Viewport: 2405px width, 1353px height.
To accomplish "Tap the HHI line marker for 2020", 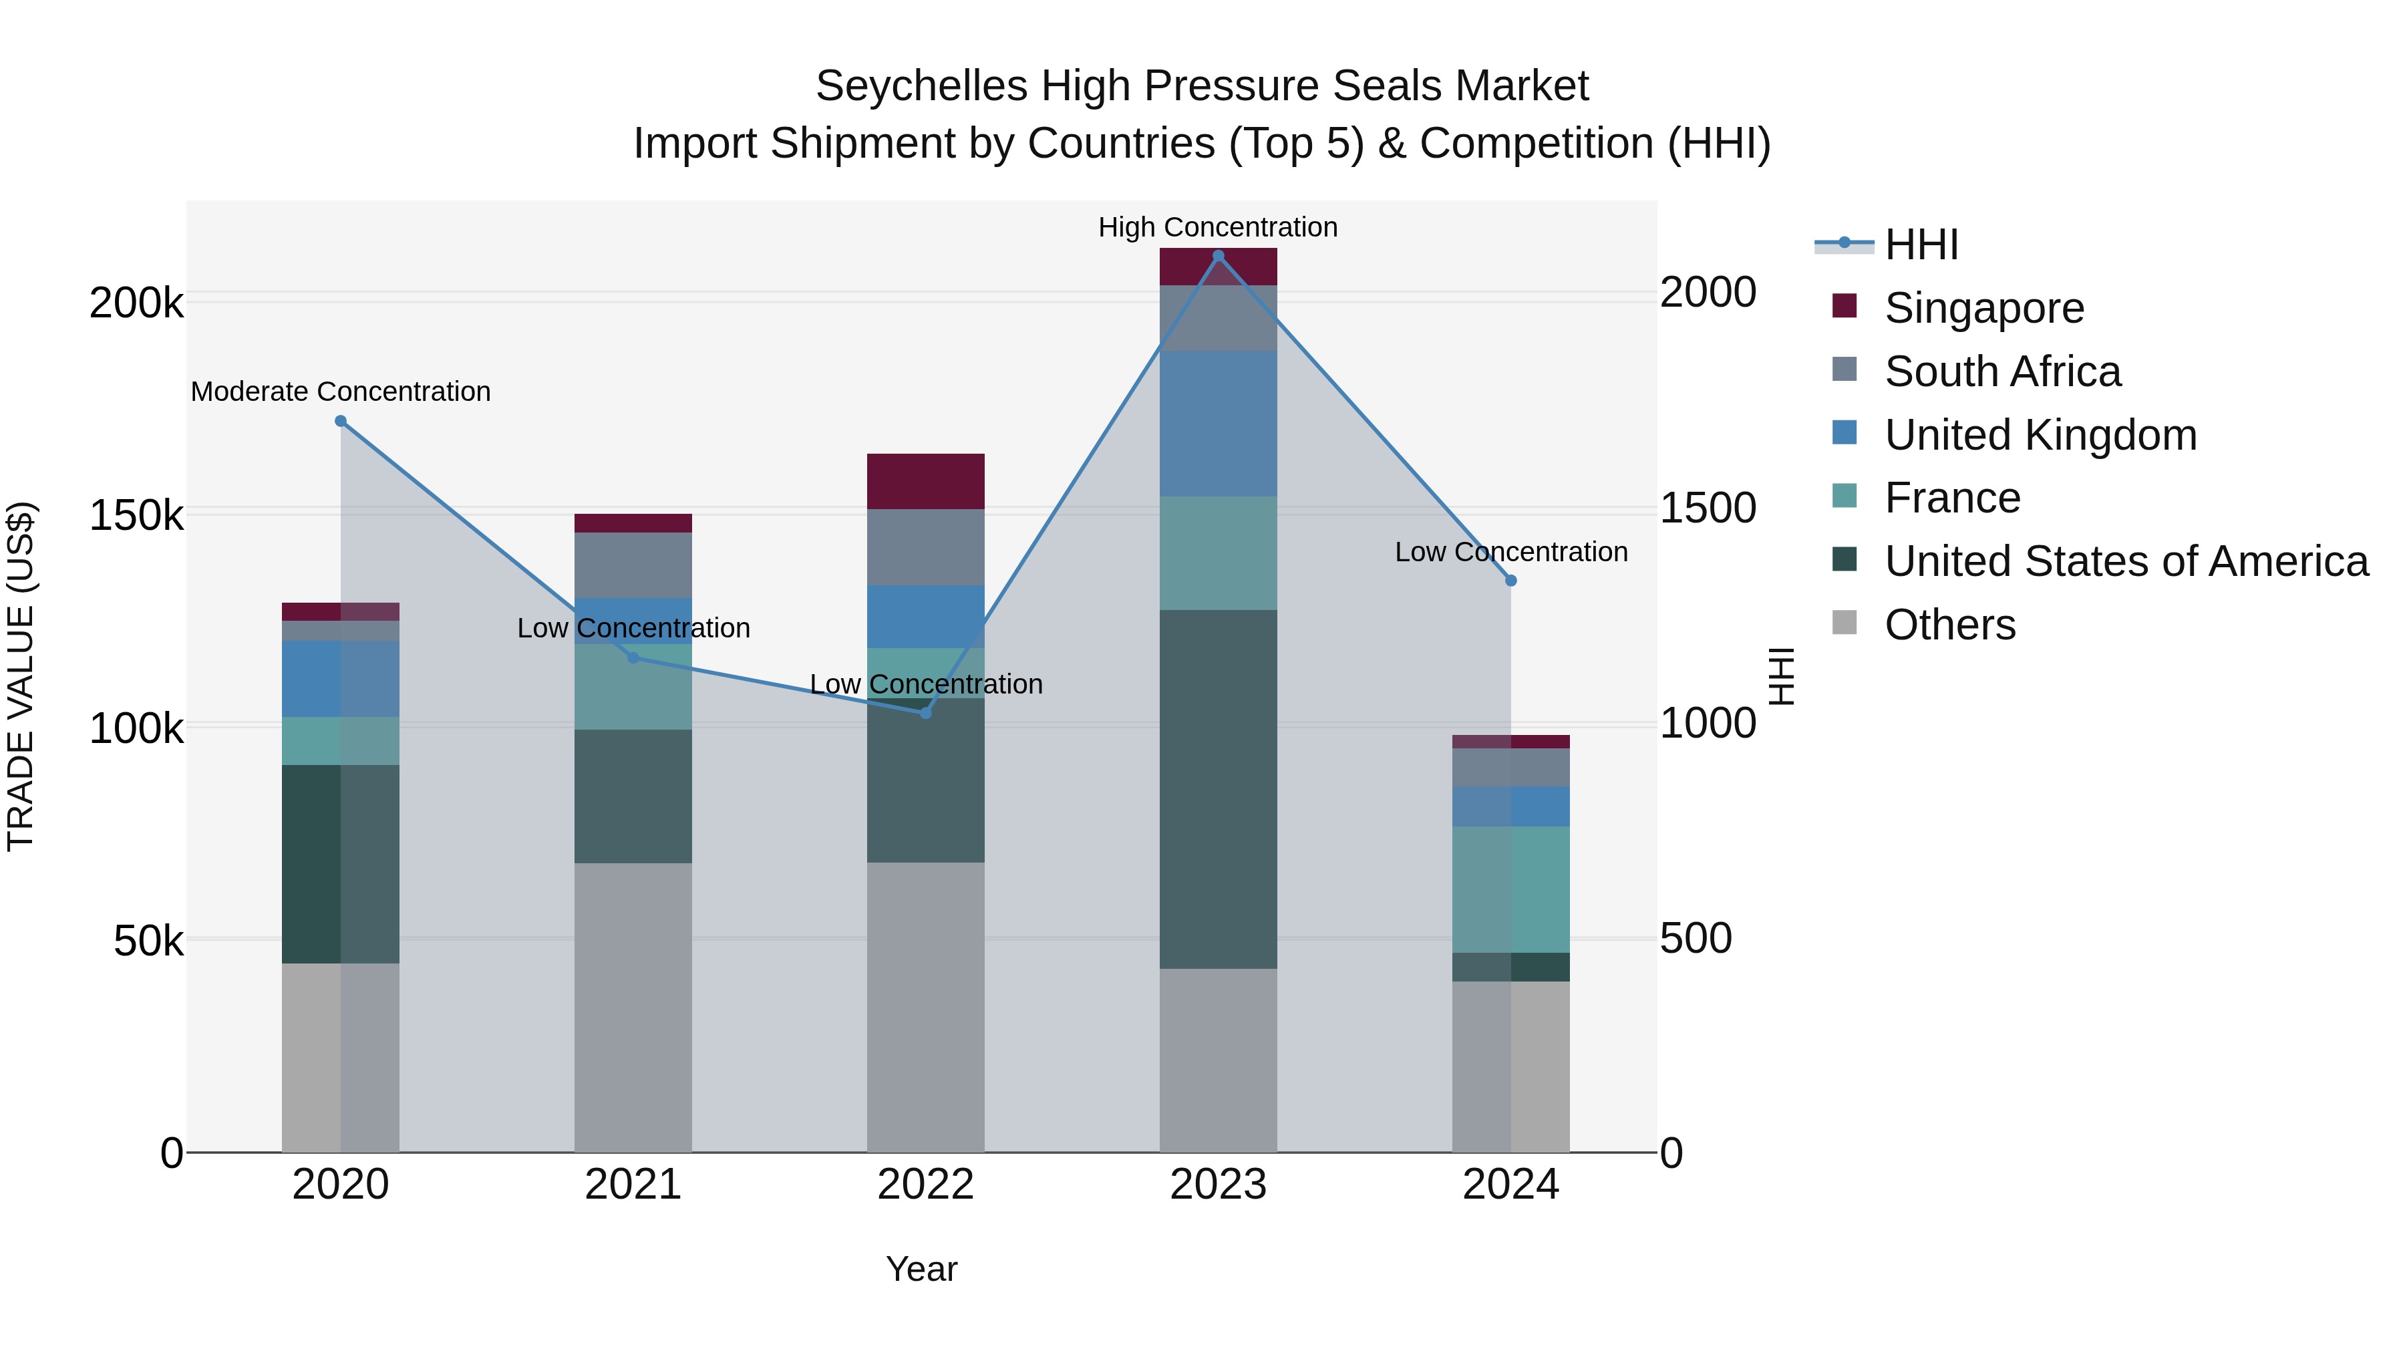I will pyautogui.click(x=341, y=421).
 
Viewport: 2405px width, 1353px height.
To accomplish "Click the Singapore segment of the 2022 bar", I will pyautogui.click(x=925, y=481).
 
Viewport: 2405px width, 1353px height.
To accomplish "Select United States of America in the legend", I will pyautogui.click(x=2125, y=561).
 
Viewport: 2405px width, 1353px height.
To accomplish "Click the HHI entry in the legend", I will pyautogui.click(x=1921, y=245).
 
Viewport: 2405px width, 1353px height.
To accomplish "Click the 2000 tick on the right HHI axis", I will pyautogui.click(x=1708, y=292).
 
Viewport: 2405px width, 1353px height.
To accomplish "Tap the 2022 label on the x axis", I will pyautogui.click(x=925, y=1185).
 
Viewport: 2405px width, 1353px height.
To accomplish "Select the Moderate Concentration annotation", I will pyautogui.click(x=341, y=392).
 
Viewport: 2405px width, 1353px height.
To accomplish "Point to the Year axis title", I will pyautogui.click(x=921, y=1269).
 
